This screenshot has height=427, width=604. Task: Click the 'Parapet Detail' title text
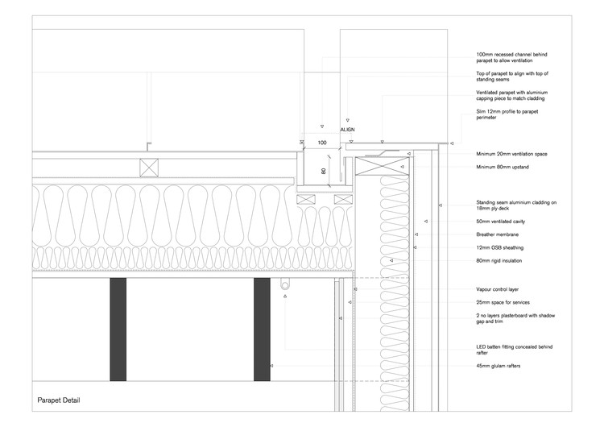click(59, 400)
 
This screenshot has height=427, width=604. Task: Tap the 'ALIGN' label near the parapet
click(347, 129)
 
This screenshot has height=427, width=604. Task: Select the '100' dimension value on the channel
click(322, 143)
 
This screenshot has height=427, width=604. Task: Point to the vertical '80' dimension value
click(323, 171)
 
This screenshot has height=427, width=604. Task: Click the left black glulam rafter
click(118, 329)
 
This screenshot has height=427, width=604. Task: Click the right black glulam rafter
click(262, 329)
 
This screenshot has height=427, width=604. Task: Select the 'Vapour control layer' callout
click(495, 288)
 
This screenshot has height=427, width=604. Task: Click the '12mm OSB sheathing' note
click(498, 248)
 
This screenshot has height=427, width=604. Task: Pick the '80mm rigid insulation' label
click(499, 261)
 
